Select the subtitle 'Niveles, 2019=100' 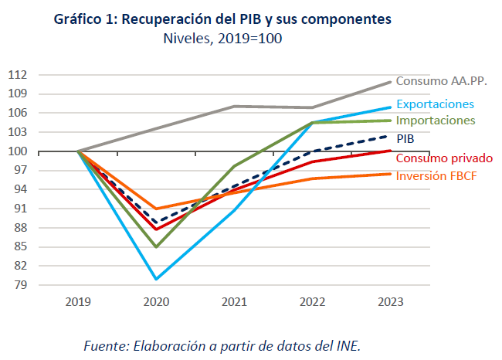click(x=222, y=39)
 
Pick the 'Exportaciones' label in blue click(x=435, y=104)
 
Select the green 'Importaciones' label click(x=436, y=121)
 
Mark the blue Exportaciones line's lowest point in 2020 click(x=156, y=279)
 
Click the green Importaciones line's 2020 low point click(x=156, y=247)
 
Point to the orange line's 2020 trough click(x=156, y=209)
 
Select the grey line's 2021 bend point click(x=235, y=106)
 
